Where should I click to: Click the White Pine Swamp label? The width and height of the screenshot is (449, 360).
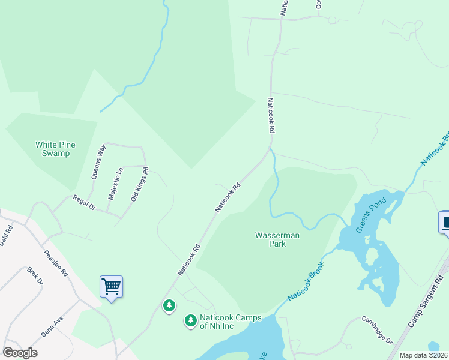click(x=52, y=149)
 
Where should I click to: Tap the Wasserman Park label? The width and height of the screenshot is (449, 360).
click(x=277, y=239)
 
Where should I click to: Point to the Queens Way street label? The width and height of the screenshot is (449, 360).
click(x=98, y=161)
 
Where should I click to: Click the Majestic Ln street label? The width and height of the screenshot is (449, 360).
click(x=115, y=184)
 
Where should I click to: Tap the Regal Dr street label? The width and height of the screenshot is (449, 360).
click(x=84, y=202)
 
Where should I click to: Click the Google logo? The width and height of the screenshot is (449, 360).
click(x=20, y=353)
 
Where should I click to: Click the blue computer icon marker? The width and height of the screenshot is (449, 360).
click(x=445, y=223)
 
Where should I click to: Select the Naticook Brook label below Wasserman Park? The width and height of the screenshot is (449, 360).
click(x=306, y=281)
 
